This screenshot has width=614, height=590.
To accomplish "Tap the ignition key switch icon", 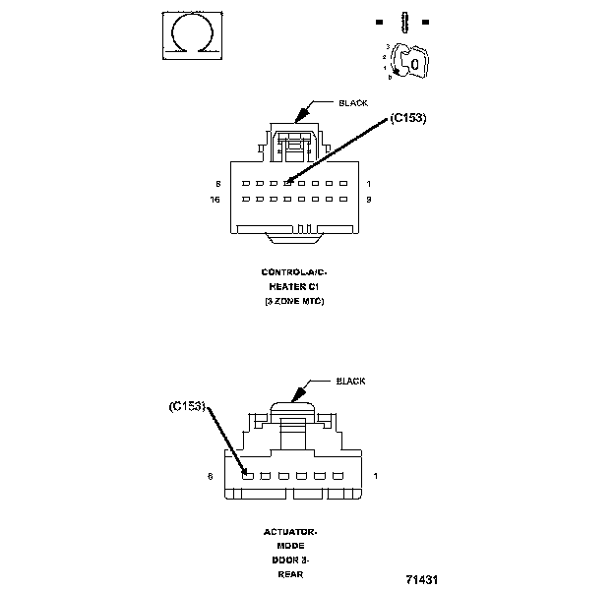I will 409,61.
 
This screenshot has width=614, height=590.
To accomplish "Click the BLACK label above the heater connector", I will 352,102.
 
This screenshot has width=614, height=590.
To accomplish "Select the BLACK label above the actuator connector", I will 350,381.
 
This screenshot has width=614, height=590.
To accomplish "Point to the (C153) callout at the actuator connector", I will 187,404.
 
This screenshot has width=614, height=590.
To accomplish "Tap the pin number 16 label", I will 215,200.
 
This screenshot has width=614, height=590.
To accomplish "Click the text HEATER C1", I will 292,286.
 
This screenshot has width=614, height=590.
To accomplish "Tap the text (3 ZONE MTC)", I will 292,301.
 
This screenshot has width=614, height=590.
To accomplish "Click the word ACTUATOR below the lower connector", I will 290,532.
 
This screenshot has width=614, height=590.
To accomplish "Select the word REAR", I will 290,573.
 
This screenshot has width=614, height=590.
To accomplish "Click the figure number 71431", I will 420,580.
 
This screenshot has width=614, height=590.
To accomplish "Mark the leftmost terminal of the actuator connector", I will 250,476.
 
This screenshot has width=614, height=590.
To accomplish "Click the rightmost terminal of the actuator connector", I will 338,476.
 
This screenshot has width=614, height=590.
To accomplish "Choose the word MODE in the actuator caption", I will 290,546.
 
